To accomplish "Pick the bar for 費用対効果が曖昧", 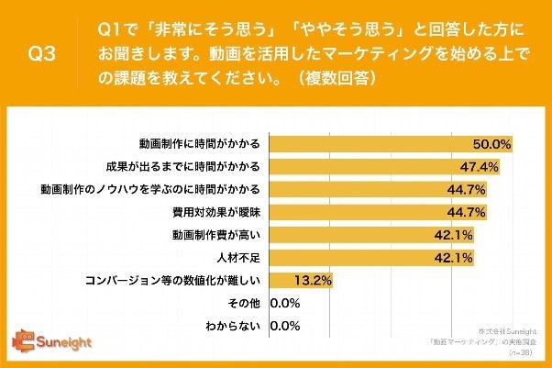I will pyautogui.click(x=377, y=212).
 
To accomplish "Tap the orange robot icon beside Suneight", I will pyautogui.click(x=22, y=341).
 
